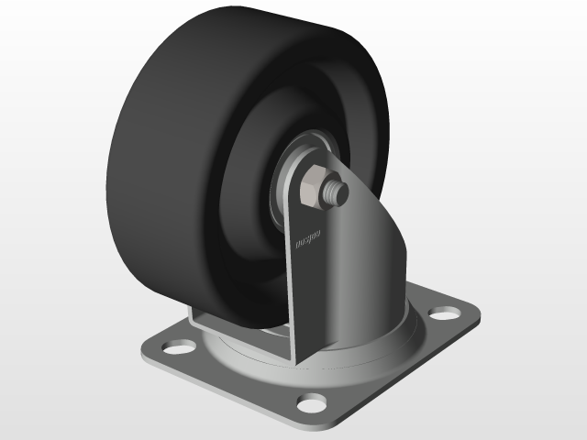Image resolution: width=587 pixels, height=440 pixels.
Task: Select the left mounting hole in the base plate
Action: coord(177,347)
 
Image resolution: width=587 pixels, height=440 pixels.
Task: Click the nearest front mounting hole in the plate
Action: coord(313,401)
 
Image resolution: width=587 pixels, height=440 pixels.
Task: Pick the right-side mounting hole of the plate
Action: coord(445,313)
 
